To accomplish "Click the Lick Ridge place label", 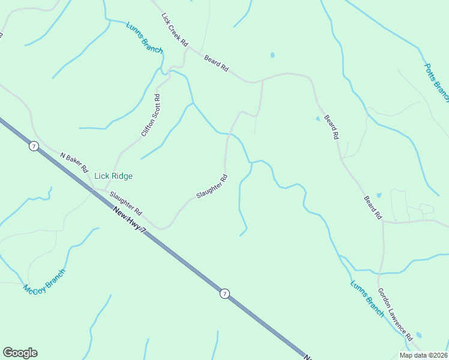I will pyautogui.click(x=113, y=176).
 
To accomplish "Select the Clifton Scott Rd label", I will pyautogui.click(x=151, y=115).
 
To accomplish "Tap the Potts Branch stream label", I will pyautogui.click(x=436, y=83).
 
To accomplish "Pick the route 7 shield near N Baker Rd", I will pyautogui.click(x=34, y=146).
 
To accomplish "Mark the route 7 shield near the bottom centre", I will pyautogui.click(x=224, y=293).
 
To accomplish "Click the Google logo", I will pyautogui.click(x=20, y=353).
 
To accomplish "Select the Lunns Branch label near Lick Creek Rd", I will pyautogui.click(x=144, y=38).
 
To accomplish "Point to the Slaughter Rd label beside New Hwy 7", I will pyautogui.click(x=125, y=203).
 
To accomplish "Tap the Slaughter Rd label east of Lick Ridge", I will pyautogui.click(x=212, y=187).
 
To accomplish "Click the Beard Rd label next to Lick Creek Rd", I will pyautogui.click(x=216, y=64).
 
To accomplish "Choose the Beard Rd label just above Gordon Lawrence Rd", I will pyautogui.click(x=372, y=207).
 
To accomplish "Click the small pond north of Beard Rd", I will pyautogui.click(x=273, y=55).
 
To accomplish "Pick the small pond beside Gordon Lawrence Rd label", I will pyautogui.click(x=418, y=335).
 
